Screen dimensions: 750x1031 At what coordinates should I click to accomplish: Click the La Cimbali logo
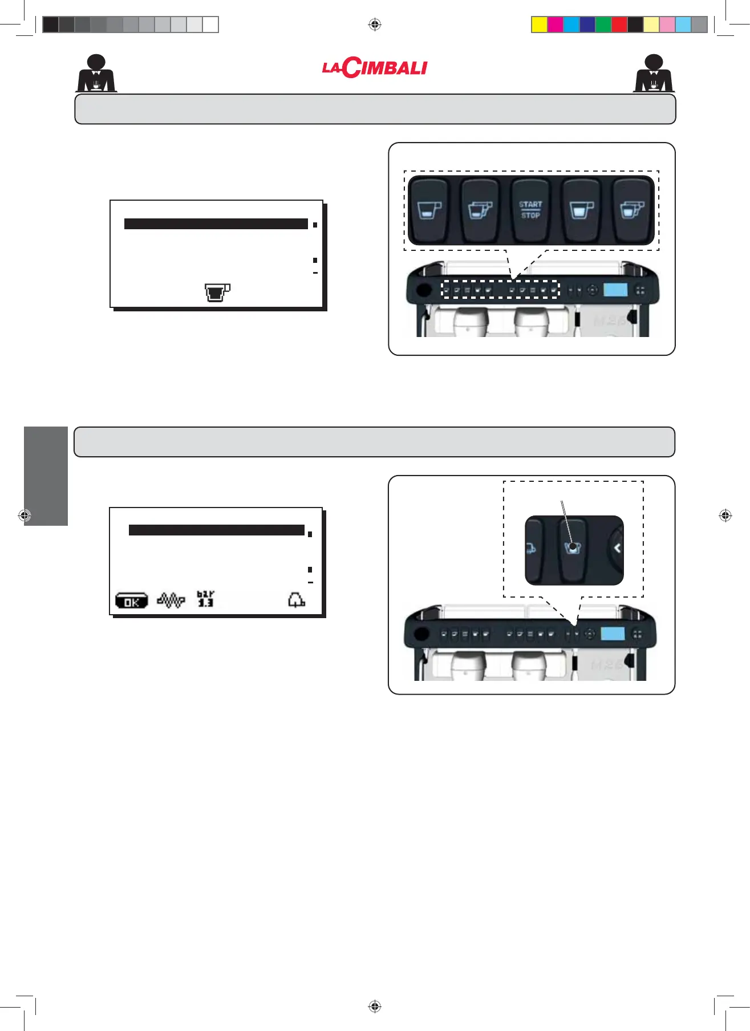375,68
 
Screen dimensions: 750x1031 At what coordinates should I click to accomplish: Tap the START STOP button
530,210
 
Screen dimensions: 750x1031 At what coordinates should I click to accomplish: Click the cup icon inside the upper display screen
217,292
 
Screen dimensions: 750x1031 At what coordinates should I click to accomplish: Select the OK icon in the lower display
131,601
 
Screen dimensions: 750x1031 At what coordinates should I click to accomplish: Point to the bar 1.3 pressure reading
205,599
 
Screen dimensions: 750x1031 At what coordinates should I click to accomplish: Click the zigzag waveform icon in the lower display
171,600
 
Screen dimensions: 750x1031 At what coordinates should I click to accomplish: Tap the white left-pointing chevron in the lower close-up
617,549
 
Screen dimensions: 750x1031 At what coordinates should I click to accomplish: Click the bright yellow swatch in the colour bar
539,25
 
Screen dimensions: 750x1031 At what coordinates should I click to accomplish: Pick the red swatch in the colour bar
619,25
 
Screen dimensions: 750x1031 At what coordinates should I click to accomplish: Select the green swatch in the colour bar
603,25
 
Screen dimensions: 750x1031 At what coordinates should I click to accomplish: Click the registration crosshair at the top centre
375,25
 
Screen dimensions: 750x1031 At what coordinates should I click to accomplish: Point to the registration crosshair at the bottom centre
375,1006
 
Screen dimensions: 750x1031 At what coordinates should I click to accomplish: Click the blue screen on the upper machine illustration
615,290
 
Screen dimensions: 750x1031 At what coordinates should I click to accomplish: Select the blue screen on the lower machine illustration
613,634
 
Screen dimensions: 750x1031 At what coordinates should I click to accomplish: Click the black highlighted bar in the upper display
216,224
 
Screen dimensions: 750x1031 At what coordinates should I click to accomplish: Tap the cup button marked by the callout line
573,549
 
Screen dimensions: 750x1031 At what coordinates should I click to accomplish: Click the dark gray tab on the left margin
46,476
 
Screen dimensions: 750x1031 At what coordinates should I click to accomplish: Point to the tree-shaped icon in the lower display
296,600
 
